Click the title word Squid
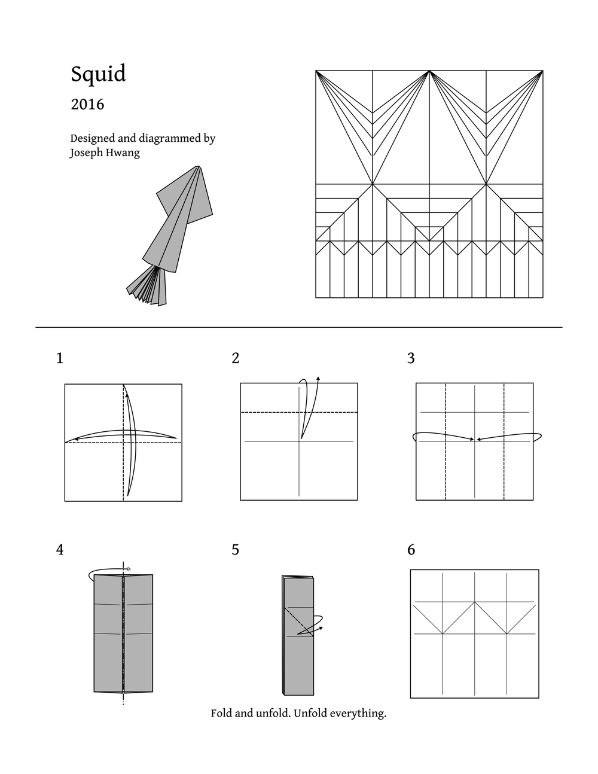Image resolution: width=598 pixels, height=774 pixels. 99,74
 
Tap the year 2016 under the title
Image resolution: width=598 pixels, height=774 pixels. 87,105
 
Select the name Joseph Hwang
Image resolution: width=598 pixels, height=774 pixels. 105,153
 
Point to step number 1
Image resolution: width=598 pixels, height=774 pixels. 59,358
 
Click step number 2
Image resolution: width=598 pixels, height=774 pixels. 235,358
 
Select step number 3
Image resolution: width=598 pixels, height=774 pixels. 411,358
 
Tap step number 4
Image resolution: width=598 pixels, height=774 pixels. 59,550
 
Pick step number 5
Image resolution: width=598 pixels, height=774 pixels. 235,550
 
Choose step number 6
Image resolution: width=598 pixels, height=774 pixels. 411,550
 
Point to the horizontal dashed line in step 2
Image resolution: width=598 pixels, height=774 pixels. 269,412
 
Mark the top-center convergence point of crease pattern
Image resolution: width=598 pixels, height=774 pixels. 429,71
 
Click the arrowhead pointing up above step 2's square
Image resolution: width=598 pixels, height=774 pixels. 318,379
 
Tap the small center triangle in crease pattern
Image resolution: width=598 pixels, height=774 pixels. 429,233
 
